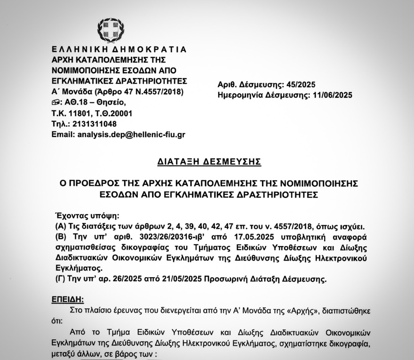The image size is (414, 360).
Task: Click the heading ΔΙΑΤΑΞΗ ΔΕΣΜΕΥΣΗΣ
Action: (x=209, y=161)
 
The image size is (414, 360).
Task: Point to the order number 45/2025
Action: (x=300, y=85)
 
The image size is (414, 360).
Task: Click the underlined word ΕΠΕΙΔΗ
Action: (x=69, y=299)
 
